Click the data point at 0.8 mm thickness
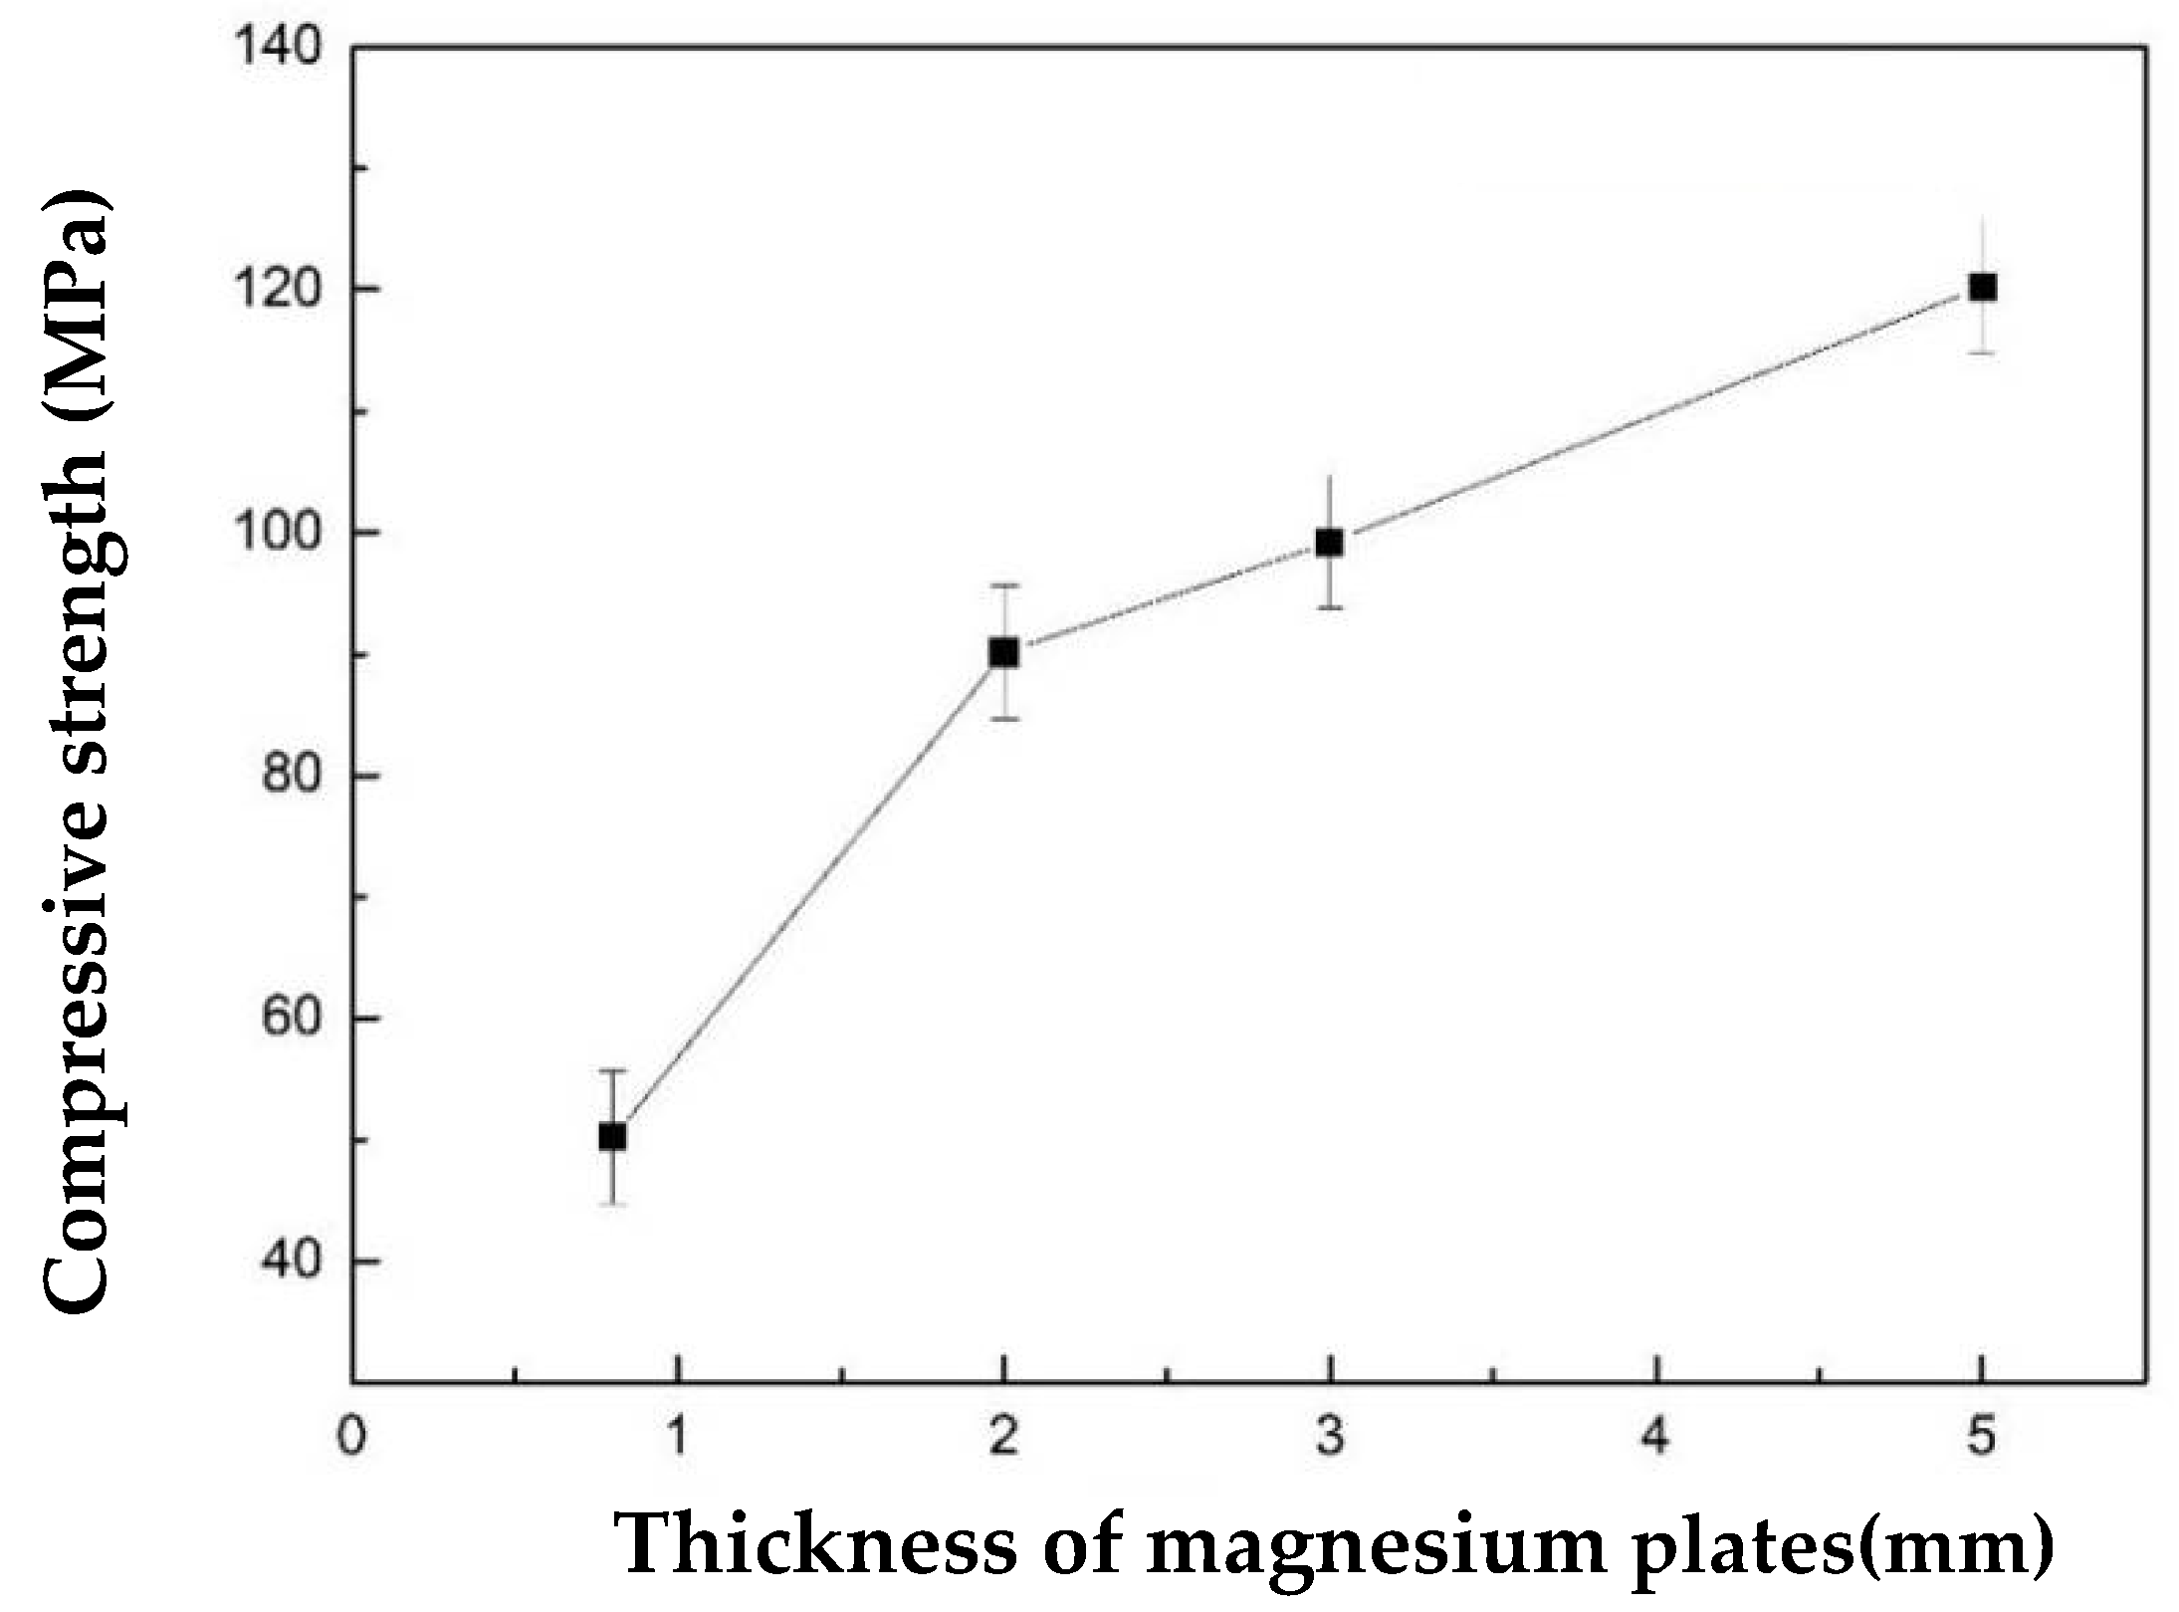pos(612,1136)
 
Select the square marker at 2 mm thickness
pos(1003,652)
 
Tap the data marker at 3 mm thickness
pos(1330,543)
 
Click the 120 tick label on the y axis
pos(280,290)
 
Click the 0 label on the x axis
pos(351,1440)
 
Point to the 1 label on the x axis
pos(678,1440)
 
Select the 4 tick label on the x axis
pos(1655,1440)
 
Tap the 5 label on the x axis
pos(1982,1440)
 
